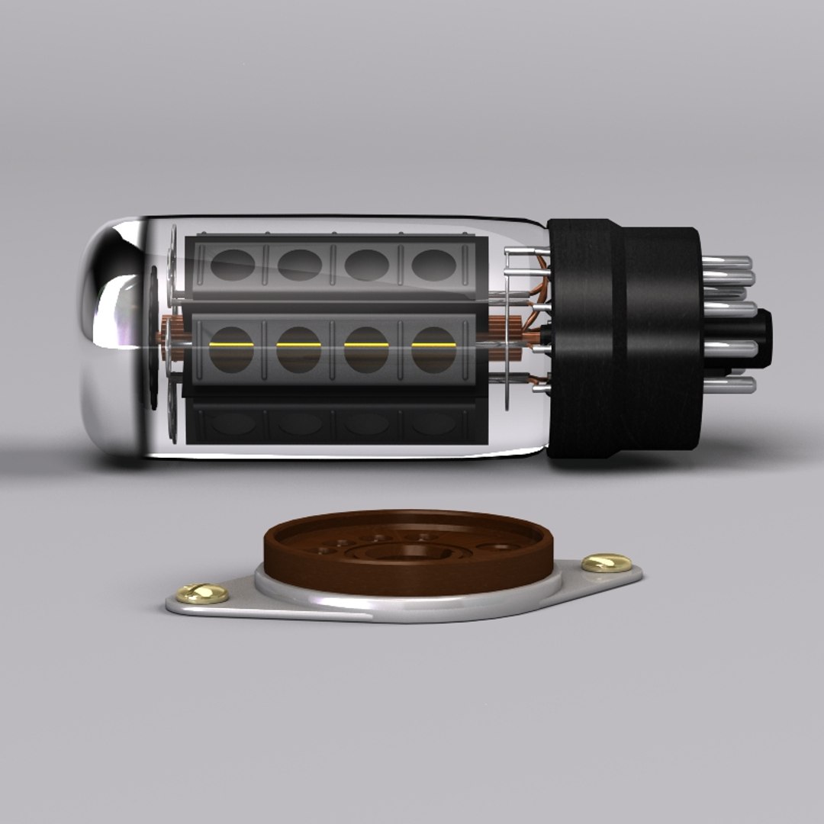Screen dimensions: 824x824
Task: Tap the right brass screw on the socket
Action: (606, 563)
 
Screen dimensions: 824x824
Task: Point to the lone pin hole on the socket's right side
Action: (500, 546)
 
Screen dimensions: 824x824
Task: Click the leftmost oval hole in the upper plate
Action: (232, 265)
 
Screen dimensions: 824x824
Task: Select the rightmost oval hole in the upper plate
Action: (434, 265)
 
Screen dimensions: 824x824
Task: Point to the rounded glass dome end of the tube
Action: (114, 336)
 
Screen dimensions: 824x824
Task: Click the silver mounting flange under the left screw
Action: (229, 607)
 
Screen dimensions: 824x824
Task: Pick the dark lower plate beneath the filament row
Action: (328, 423)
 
